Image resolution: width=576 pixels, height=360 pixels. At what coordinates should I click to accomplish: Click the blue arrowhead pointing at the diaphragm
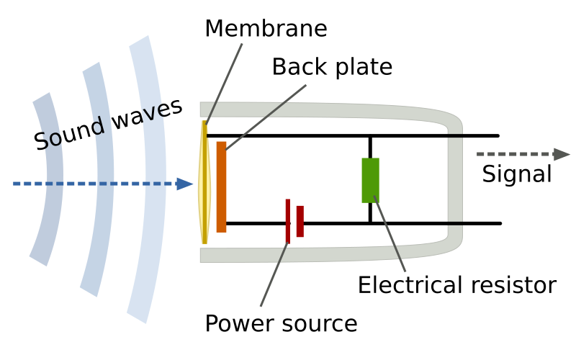186,184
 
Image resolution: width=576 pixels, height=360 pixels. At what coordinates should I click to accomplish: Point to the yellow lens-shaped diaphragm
204,184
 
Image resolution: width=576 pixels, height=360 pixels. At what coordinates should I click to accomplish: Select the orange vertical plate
221,187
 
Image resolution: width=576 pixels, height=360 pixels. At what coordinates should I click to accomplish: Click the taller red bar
288,220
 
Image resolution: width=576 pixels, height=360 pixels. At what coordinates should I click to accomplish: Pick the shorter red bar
300,221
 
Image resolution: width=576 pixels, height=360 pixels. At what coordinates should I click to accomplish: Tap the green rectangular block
370,180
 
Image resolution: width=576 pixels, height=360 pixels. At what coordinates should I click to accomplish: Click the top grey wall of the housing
324,110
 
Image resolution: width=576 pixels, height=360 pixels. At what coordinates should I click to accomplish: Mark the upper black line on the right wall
455,135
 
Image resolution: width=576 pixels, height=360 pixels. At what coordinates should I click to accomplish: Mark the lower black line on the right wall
455,223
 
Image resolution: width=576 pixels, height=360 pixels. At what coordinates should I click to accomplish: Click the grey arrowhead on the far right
562,154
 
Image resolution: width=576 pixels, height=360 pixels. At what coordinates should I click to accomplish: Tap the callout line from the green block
390,235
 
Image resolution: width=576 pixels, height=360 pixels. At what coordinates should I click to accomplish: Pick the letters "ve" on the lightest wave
156,112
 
